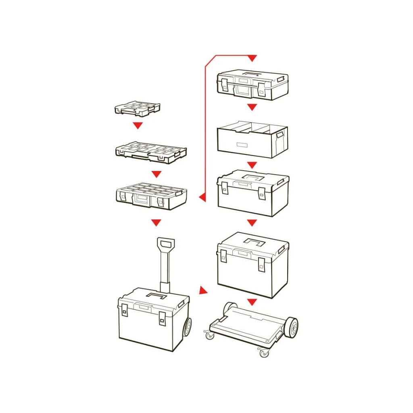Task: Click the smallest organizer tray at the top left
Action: coord(137,108)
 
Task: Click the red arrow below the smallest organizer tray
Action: coord(138,125)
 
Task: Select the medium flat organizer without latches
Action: coord(151,152)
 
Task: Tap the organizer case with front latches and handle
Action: coord(151,198)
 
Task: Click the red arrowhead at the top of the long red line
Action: coord(252,58)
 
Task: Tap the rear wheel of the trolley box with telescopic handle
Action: coord(188,326)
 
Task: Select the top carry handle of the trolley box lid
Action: coord(156,296)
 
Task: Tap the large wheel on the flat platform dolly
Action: coord(290,327)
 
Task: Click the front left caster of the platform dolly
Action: coord(210,335)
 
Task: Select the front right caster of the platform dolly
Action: coord(264,353)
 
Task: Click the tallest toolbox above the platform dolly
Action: coord(253,264)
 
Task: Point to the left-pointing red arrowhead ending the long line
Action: coord(202,197)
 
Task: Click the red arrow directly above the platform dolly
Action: coord(252,302)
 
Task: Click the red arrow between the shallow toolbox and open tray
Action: coord(252,107)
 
